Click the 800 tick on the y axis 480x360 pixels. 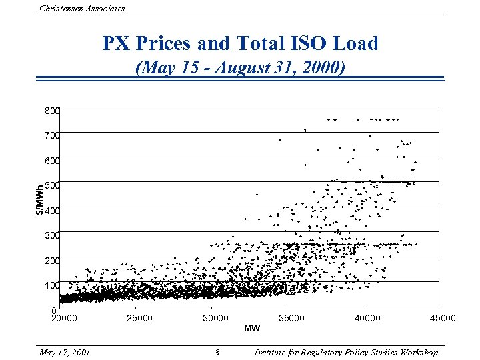coord(52,110)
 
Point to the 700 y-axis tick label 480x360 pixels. coord(52,135)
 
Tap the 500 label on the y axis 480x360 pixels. coord(52,185)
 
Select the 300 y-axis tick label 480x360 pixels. coord(52,235)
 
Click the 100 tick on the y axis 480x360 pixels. coord(52,285)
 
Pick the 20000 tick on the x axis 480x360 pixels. coord(65,318)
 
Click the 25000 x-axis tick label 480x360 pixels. coord(139,318)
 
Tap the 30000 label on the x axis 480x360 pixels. coord(215,318)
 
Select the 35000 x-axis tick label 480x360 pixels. coord(291,318)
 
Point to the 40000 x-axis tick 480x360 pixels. coord(367,318)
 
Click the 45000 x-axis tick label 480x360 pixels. coord(443,318)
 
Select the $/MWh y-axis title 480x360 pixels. coord(40,199)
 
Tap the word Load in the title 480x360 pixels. coord(357,44)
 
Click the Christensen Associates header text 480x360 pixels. coord(82,8)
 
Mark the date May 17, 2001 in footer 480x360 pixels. coord(65,352)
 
